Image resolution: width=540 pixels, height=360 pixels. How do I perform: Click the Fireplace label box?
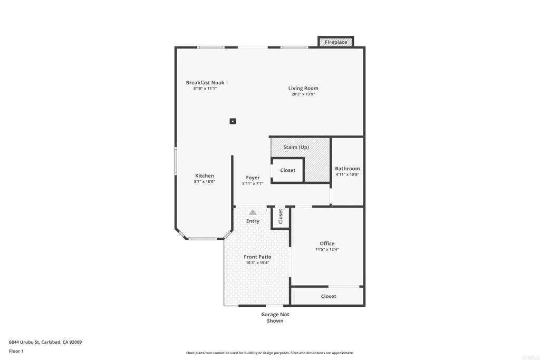coord(336,42)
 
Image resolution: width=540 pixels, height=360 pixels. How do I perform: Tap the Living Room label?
coord(303,88)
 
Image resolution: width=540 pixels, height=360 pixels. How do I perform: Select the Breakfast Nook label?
coord(205,82)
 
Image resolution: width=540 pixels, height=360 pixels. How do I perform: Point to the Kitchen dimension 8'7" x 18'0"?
coord(205,182)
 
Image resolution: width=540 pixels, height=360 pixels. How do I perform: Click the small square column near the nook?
coord(233,121)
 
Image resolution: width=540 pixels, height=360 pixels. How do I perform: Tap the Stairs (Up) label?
coord(296,147)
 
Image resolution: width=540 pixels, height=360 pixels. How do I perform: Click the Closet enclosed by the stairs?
coord(287,170)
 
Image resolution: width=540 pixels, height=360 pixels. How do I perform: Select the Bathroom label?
coord(348,169)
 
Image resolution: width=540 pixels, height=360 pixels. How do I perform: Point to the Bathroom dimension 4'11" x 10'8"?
coord(348,175)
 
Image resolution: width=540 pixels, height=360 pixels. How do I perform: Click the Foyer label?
coord(253,178)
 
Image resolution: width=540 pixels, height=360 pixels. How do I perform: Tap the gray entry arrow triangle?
coord(253,212)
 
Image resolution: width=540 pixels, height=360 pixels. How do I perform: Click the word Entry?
coord(253,221)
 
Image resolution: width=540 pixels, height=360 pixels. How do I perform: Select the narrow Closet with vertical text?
coord(281,216)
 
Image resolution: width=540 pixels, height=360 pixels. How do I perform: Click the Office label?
coord(327,243)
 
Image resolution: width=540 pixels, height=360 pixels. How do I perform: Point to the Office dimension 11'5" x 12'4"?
coord(327,249)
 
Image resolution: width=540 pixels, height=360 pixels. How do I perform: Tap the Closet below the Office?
coord(329,296)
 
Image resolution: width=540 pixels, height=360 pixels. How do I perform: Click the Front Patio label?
coord(257,257)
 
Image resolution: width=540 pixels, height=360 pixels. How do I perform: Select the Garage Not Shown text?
coord(275,317)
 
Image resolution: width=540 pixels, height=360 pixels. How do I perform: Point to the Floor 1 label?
coord(16,351)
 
